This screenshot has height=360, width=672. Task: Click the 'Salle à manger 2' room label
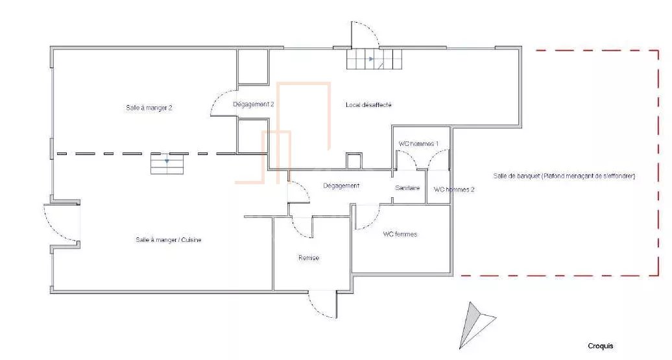tap(149, 108)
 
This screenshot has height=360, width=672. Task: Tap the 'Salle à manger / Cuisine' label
tap(169, 240)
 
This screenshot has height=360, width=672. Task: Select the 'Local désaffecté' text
tap(368, 104)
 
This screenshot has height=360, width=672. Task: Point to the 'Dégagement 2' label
tap(253, 104)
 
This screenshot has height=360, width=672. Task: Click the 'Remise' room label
tap(309, 258)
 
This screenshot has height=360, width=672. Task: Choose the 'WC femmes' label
tap(400, 234)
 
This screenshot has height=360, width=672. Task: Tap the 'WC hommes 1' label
tap(418, 143)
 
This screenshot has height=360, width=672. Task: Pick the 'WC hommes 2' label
tap(454, 189)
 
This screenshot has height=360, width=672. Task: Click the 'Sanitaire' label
tap(407, 187)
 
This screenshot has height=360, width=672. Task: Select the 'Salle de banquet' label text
tap(516, 176)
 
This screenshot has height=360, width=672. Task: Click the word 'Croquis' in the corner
tap(601, 346)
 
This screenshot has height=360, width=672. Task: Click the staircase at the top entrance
tap(374, 59)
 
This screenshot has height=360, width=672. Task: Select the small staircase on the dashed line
tap(167, 163)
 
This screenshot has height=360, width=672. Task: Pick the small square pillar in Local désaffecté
tap(354, 161)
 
